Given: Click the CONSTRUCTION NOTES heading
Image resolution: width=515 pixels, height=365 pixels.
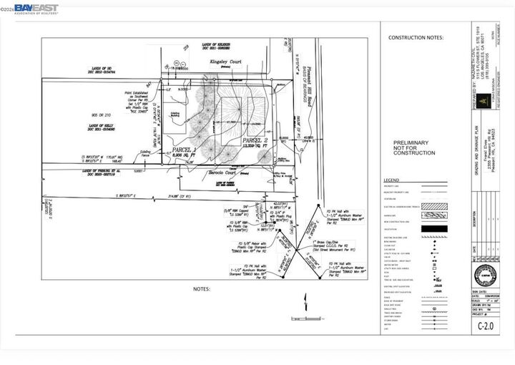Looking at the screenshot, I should click(x=416, y=37).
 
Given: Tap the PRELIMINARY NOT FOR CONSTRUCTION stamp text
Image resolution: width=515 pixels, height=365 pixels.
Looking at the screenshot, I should click(x=414, y=148).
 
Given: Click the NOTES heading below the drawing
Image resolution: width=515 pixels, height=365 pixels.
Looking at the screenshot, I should click(x=201, y=288).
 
